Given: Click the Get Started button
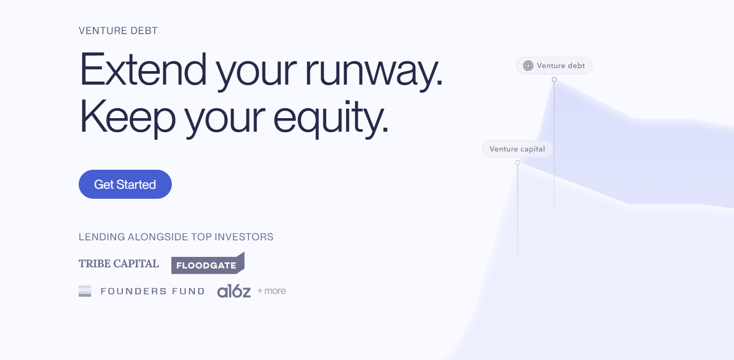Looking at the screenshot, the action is [125, 184].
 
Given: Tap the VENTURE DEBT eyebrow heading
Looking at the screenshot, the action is [118, 31].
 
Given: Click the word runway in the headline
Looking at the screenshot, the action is [374, 71].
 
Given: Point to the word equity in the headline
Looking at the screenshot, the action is [331, 118].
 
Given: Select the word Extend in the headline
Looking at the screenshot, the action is [143, 69].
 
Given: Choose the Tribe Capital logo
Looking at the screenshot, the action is [119, 264].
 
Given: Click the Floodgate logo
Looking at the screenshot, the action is [208, 263].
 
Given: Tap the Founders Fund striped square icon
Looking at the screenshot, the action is [85, 291].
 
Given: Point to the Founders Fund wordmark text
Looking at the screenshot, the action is [153, 291].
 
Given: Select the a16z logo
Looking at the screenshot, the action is [234, 291].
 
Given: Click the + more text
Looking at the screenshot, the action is [272, 291].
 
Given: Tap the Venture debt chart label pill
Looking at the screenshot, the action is [554, 66].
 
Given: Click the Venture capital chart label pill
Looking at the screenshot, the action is [518, 149].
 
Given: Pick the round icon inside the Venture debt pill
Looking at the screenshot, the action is [528, 66].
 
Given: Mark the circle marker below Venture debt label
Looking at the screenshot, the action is [554, 79].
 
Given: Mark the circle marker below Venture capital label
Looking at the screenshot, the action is [518, 163].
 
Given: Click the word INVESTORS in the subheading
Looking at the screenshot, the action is [244, 237].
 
